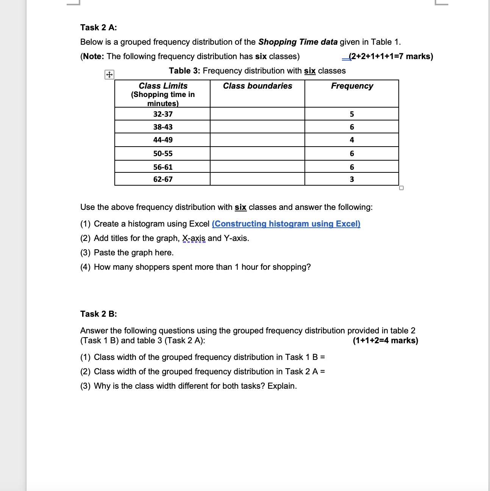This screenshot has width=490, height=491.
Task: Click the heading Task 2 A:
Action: click(x=98, y=27)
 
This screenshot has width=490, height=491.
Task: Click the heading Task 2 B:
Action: click(x=98, y=314)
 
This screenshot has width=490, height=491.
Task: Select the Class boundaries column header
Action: click(x=257, y=86)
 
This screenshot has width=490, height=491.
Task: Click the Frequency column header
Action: click(x=352, y=86)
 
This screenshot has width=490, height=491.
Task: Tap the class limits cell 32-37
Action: click(x=163, y=114)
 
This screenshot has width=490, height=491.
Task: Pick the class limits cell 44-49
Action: click(x=163, y=140)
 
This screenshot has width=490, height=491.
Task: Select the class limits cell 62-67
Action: click(x=163, y=179)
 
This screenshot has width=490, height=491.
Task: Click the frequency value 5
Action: click(x=352, y=114)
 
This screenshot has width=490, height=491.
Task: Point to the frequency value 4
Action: click(x=352, y=140)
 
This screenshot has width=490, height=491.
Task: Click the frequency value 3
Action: click(x=352, y=179)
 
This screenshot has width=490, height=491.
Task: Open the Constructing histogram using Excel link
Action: click(x=286, y=224)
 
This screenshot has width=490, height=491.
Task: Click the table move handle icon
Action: click(x=109, y=75)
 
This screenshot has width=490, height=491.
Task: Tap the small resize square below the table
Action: click(x=401, y=188)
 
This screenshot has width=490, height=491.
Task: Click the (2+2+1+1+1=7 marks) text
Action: click(x=390, y=56)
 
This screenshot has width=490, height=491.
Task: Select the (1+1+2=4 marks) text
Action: click(x=385, y=341)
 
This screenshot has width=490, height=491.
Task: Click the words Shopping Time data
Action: click(x=298, y=42)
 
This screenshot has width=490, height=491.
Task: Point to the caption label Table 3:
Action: click(x=184, y=71)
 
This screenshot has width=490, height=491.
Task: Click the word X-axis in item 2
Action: click(x=194, y=238)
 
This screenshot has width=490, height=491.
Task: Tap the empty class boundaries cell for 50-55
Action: click(x=257, y=153)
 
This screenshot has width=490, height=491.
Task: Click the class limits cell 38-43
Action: click(x=163, y=127)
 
